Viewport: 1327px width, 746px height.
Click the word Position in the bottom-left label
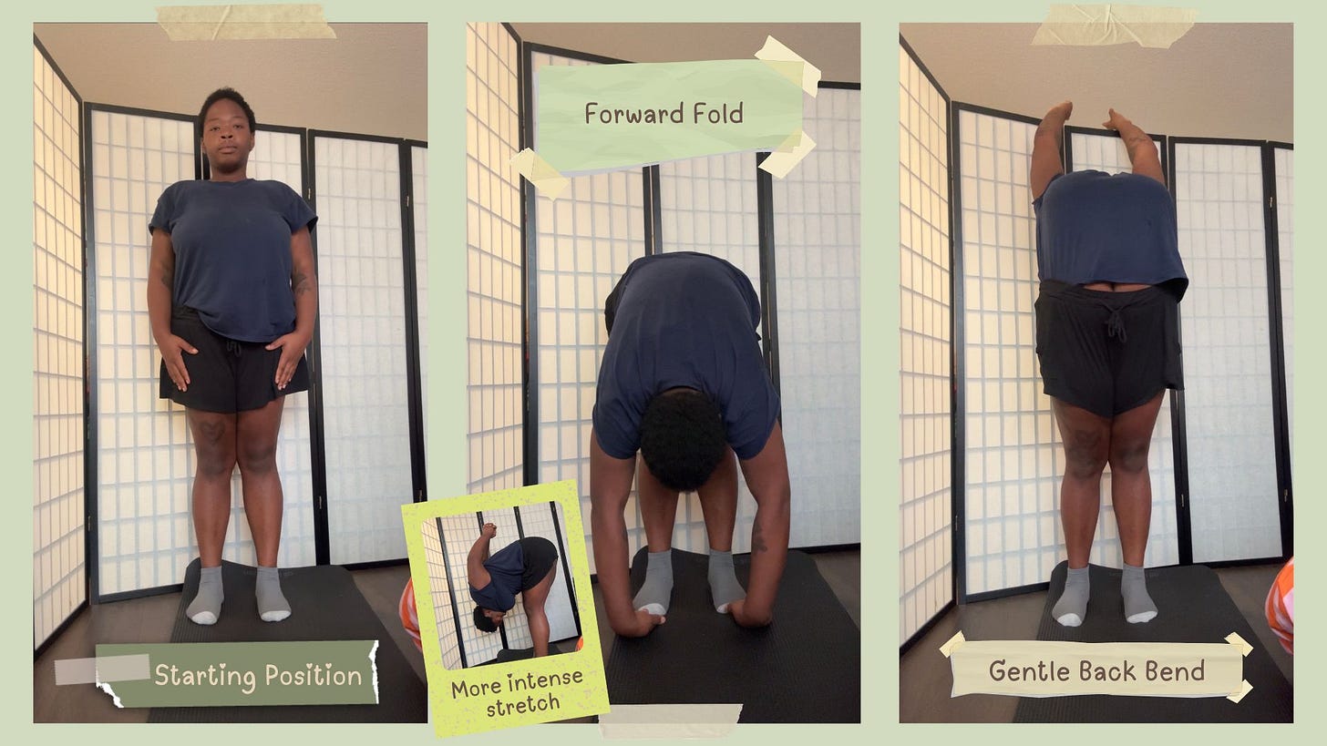coord(314,675)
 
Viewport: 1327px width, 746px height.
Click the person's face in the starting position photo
coord(226,136)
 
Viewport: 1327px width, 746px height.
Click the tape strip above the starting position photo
coord(246,22)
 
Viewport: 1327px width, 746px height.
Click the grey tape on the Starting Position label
coord(102,669)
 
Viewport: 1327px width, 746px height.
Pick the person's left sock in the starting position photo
coord(273,594)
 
